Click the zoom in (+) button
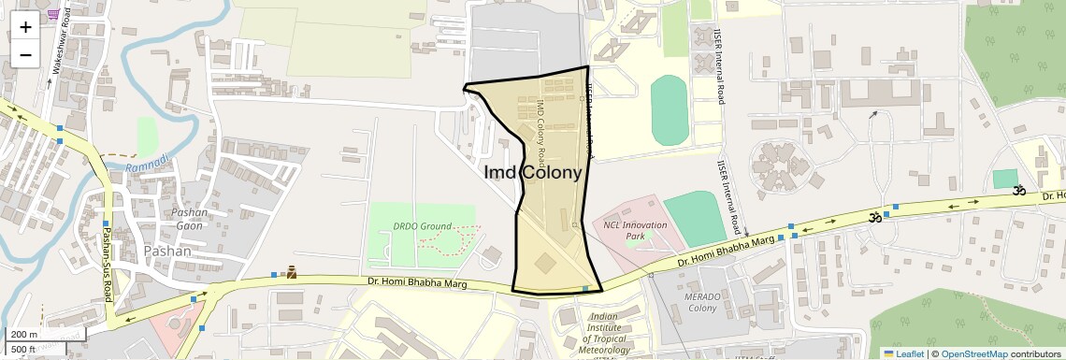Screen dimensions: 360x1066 coord(25,27)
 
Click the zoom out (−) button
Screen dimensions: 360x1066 coord(25,54)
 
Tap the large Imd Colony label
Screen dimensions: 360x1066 coord(532,173)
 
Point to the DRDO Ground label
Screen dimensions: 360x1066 coord(422,226)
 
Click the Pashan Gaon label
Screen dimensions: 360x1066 coord(190,219)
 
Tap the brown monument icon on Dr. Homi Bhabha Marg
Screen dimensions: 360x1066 coord(292,273)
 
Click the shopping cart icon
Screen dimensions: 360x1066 coord(53,13)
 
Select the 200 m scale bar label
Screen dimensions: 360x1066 coord(25,335)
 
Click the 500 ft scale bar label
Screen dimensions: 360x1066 coord(23,350)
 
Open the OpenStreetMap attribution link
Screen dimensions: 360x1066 coord(973,353)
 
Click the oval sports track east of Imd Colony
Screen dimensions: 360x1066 coord(669,110)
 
